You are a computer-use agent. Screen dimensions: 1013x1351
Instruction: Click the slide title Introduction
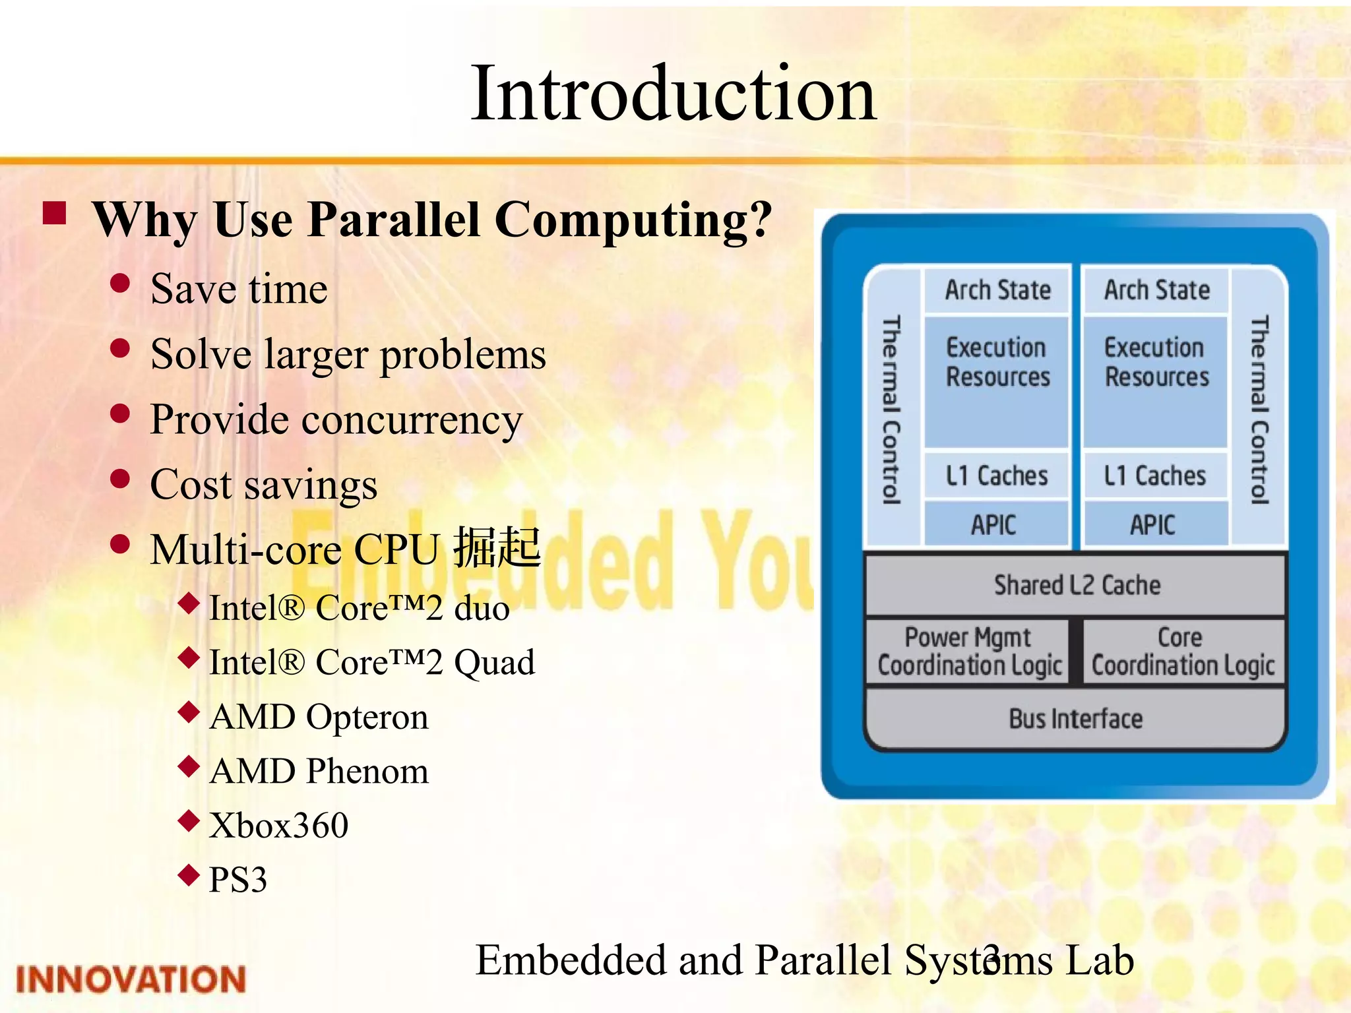(x=673, y=94)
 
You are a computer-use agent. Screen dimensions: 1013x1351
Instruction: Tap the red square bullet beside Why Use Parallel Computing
(x=55, y=213)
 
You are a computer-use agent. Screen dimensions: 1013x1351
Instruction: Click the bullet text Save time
(x=239, y=289)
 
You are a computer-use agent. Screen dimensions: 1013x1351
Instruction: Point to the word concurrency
(x=412, y=420)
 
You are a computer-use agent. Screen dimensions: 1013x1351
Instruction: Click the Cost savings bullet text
(x=263, y=485)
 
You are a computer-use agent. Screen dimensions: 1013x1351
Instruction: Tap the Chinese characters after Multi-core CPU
(x=497, y=547)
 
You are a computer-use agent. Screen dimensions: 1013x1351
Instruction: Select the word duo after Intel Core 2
(x=482, y=607)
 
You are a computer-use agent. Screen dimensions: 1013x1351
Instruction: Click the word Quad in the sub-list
(x=495, y=662)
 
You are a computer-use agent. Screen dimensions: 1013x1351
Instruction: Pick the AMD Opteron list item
(x=319, y=717)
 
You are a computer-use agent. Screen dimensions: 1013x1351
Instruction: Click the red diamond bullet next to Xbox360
(x=189, y=820)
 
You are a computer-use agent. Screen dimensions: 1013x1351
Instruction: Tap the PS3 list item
(x=237, y=880)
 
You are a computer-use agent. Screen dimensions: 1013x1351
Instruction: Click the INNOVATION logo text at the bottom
(x=131, y=979)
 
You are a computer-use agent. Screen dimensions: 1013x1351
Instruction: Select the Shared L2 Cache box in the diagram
(x=1077, y=585)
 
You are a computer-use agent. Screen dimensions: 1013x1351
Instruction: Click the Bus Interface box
(x=1075, y=719)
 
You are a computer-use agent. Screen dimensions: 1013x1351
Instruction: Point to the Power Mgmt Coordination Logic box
(x=968, y=652)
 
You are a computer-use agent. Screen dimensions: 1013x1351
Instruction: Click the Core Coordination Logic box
(x=1182, y=652)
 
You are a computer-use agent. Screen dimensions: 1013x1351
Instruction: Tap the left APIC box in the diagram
(x=995, y=525)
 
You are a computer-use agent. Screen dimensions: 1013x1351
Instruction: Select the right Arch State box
(x=1156, y=290)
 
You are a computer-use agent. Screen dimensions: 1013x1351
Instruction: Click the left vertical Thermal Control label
(x=891, y=409)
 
